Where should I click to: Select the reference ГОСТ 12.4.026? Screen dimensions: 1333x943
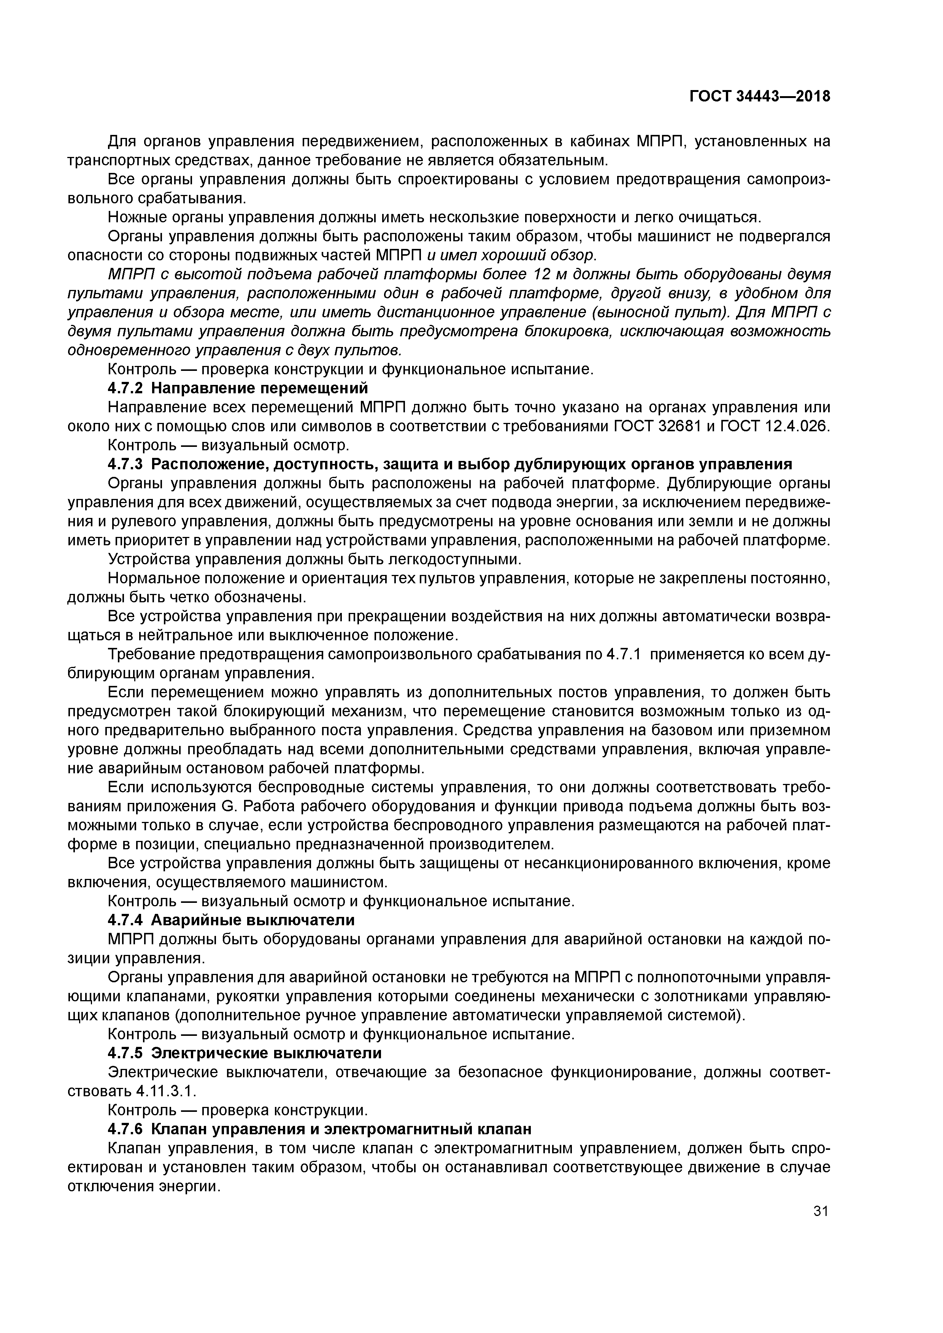coord(775,426)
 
